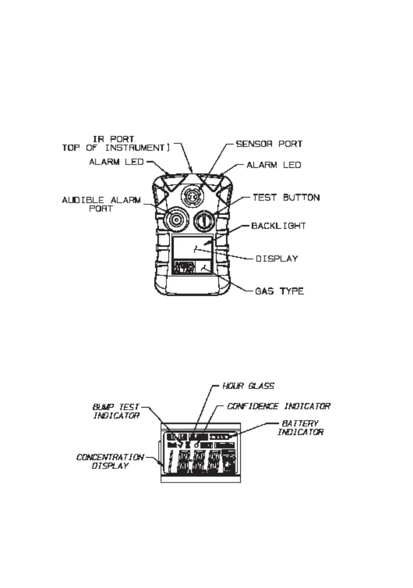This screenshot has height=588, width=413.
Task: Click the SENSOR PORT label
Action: (269, 144)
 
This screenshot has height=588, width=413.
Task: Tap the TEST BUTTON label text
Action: (286, 197)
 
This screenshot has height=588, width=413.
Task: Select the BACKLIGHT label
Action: (278, 226)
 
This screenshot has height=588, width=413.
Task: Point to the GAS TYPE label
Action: (279, 291)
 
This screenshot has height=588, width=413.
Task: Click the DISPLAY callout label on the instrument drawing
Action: (276, 258)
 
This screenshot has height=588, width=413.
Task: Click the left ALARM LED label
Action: (116, 162)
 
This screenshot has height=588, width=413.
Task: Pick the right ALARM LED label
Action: (274, 165)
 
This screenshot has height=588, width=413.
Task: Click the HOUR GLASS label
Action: (248, 386)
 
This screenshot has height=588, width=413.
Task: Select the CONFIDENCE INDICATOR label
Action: (279, 406)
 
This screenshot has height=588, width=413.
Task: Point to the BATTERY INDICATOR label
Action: (301, 428)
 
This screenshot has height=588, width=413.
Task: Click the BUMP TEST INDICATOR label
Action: (116, 411)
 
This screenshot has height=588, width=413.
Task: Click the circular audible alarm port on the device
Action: (173, 221)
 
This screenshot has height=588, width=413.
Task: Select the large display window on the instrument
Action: (191, 249)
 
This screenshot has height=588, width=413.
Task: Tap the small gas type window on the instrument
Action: (204, 268)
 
